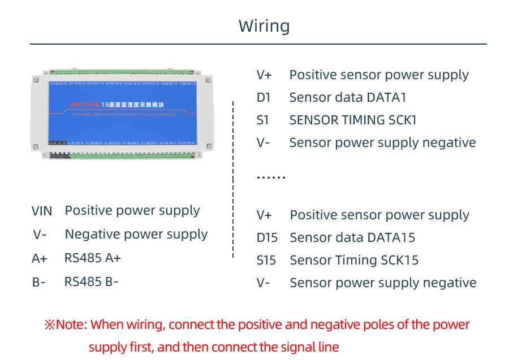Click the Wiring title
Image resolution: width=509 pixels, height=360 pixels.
(x=264, y=26)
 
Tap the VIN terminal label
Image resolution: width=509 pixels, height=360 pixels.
(x=42, y=211)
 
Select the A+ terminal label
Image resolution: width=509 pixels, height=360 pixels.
(x=40, y=259)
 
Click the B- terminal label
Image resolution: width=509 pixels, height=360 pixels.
(x=38, y=282)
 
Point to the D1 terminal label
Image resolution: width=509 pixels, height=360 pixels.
(x=264, y=98)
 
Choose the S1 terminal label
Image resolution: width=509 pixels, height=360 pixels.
(x=263, y=120)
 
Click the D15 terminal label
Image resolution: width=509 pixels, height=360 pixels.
(x=267, y=238)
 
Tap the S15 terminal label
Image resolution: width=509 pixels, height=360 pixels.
(x=266, y=261)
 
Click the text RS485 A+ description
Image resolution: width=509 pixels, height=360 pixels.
(x=93, y=258)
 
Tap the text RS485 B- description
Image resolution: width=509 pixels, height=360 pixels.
(x=92, y=281)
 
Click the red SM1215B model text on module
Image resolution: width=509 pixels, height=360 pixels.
(x=84, y=105)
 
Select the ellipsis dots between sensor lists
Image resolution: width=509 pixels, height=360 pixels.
(x=271, y=177)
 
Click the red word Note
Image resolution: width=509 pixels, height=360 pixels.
(x=70, y=325)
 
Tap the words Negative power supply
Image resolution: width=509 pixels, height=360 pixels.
(x=136, y=235)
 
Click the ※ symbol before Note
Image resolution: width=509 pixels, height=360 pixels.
(x=49, y=325)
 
